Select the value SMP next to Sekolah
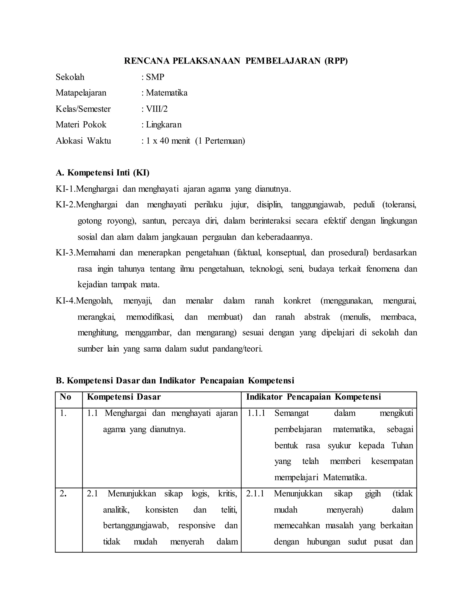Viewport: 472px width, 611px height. [x=155, y=77]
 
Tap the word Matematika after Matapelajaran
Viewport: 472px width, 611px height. [x=167, y=93]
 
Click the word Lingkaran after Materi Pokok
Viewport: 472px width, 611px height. [x=164, y=125]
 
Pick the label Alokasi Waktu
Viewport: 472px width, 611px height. [x=83, y=140]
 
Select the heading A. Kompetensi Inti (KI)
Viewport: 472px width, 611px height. [x=103, y=173]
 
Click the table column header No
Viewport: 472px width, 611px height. [x=65, y=397]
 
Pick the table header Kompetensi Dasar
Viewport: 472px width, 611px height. [x=124, y=397]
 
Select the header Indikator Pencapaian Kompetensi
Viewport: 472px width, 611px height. [x=313, y=397]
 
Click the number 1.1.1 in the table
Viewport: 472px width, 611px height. [x=256, y=413]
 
